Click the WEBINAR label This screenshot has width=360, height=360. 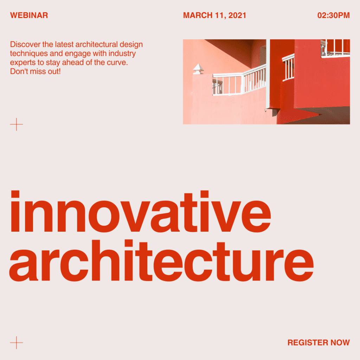(29, 15)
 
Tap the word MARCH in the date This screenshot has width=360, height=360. (198, 15)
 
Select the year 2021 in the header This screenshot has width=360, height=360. (237, 15)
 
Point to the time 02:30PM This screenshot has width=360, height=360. (333, 15)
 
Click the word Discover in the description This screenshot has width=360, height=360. (25, 44)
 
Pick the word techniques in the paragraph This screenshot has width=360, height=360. (29, 53)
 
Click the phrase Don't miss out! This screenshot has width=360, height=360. (36, 71)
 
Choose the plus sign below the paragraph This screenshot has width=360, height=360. (17, 124)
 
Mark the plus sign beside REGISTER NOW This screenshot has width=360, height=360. (17, 343)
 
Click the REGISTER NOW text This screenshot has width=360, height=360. (319, 342)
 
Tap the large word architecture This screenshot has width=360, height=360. (161, 261)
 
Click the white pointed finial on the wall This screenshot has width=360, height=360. (198, 69)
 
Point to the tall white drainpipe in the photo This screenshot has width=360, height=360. (268, 74)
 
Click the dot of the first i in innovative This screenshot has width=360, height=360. (15, 194)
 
